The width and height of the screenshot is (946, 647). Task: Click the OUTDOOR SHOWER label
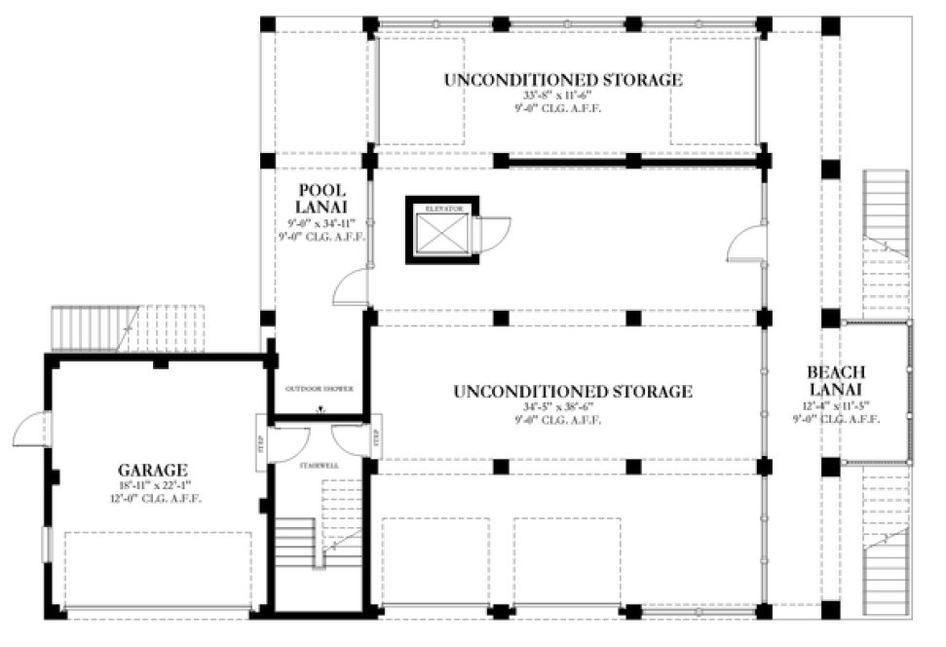[318, 389]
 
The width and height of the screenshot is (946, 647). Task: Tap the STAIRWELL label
[319, 466]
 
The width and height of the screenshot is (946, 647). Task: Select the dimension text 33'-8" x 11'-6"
[562, 96]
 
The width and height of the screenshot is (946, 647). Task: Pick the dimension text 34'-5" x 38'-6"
[572, 408]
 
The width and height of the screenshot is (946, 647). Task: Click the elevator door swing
[495, 235]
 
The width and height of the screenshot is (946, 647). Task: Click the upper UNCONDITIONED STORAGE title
[562, 80]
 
